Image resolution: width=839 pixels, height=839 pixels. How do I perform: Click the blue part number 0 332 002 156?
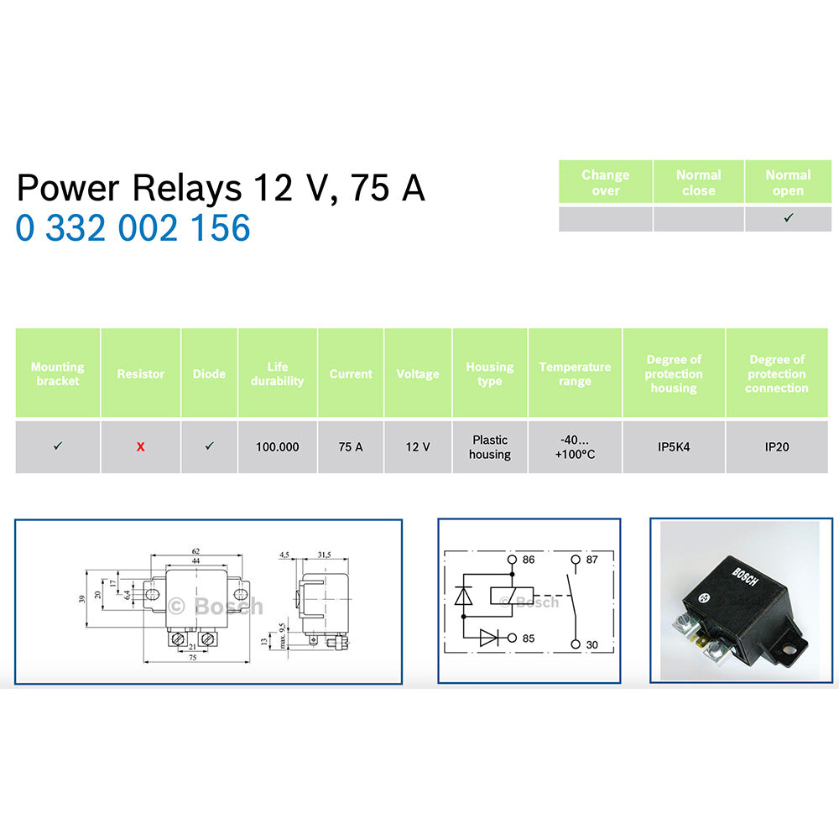pyautogui.click(x=133, y=227)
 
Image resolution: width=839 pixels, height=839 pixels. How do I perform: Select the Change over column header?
pyautogui.click(x=605, y=182)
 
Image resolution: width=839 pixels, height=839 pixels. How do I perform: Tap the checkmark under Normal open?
pyautogui.click(x=788, y=218)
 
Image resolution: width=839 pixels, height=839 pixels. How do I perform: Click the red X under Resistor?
pyautogui.click(x=140, y=447)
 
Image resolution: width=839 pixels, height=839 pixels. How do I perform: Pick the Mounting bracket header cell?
pyautogui.click(x=57, y=373)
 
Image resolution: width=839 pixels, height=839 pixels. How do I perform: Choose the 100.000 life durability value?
pyautogui.click(x=277, y=447)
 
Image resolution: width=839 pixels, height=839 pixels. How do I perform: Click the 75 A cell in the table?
pyautogui.click(x=351, y=447)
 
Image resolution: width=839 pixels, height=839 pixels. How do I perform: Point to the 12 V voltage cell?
pyautogui.click(x=418, y=447)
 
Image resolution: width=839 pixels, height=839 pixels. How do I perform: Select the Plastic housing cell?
pyautogui.click(x=490, y=446)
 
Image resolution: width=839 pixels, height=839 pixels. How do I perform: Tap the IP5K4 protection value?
pyautogui.click(x=674, y=447)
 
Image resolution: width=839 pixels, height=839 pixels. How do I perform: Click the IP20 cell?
pyautogui.click(x=776, y=447)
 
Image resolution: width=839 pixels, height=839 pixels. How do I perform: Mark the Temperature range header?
pyautogui.click(x=575, y=373)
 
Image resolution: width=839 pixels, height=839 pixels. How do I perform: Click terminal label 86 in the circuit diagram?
pyautogui.click(x=529, y=559)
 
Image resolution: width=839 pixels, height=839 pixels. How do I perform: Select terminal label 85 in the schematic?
pyautogui.click(x=529, y=638)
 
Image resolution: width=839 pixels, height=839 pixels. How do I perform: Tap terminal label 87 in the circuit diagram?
pyautogui.click(x=591, y=559)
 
